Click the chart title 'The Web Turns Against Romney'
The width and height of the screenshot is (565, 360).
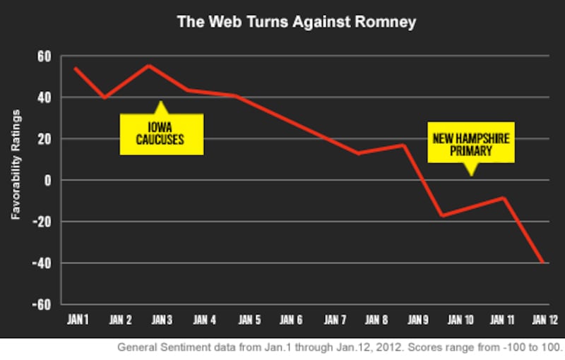click(x=296, y=22)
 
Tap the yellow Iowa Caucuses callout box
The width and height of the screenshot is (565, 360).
click(x=161, y=134)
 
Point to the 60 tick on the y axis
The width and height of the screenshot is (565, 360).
click(x=44, y=56)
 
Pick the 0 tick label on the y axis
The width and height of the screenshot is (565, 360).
click(x=48, y=181)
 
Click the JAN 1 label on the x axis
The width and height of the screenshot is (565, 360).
click(x=79, y=320)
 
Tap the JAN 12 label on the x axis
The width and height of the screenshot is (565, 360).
click(x=542, y=320)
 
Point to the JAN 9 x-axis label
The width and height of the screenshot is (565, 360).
click(x=417, y=320)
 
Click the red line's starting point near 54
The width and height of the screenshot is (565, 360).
click(x=75, y=68)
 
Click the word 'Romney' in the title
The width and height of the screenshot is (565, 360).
click(x=384, y=22)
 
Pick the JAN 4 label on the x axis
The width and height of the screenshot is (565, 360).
click(x=205, y=320)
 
